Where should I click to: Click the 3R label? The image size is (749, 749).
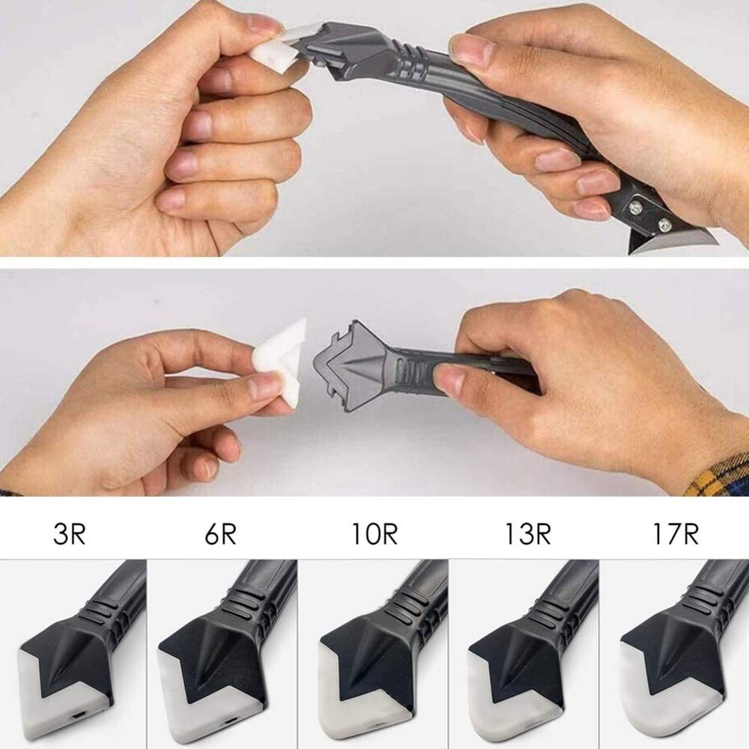pyautogui.click(x=70, y=533)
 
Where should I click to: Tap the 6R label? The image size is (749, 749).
pyautogui.click(x=220, y=533)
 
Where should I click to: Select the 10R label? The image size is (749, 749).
pyautogui.click(x=374, y=533)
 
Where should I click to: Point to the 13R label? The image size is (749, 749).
pyautogui.click(x=527, y=533)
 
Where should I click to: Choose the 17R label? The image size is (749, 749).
pyautogui.click(x=676, y=533)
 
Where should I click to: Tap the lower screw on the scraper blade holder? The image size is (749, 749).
pyautogui.click(x=664, y=225)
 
